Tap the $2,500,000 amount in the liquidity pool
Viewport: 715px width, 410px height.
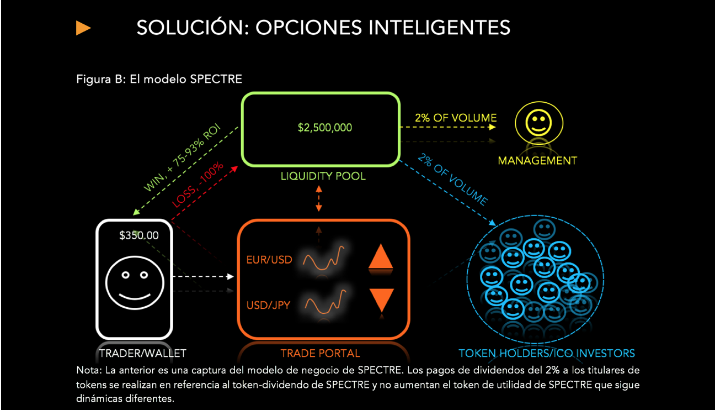coord(324,128)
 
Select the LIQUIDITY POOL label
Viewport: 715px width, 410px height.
coord(323,176)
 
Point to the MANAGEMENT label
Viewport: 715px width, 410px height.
coord(537,161)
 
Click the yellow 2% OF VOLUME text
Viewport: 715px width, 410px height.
coord(456,118)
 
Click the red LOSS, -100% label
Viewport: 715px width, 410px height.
coord(198,185)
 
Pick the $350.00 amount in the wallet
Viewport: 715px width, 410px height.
coord(138,235)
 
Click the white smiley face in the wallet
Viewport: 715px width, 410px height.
coord(135,284)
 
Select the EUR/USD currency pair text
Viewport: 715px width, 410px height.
coord(269,259)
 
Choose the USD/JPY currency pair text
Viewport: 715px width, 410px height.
coord(268,304)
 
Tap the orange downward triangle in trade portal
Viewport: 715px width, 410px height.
coord(381,300)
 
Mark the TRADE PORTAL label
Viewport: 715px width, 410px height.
coord(320,353)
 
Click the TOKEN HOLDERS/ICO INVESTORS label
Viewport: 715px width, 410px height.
coord(547,353)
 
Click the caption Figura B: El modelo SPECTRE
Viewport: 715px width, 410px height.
coord(159,79)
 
